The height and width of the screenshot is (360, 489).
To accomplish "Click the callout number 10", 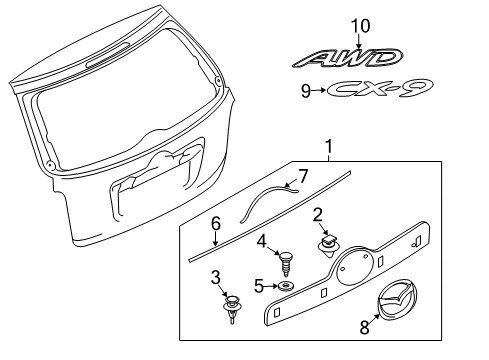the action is [360, 26].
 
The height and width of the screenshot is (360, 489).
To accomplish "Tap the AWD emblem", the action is [348, 58].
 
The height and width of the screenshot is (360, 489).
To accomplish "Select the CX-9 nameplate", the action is [380, 89].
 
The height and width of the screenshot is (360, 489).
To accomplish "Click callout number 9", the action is [306, 91].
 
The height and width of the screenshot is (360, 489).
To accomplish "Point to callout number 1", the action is [329, 147].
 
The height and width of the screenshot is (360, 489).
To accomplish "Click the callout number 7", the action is [303, 177].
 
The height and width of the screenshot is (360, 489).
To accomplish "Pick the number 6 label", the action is [216, 223].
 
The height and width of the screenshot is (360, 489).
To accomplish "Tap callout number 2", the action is [318, 215].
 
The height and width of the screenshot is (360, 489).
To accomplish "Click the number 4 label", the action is [262, 241].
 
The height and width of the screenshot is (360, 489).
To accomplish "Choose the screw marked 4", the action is [285, 264].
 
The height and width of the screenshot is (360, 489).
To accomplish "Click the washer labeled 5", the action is [286, 286].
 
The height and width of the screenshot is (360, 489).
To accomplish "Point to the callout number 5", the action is [259, 286].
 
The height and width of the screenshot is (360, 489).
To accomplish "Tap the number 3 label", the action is [216, 277].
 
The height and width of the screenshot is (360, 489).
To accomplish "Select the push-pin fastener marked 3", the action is [232, 308].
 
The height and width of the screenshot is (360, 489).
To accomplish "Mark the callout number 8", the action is [365, 327].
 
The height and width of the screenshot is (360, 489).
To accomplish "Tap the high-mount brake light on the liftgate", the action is [107, 54].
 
